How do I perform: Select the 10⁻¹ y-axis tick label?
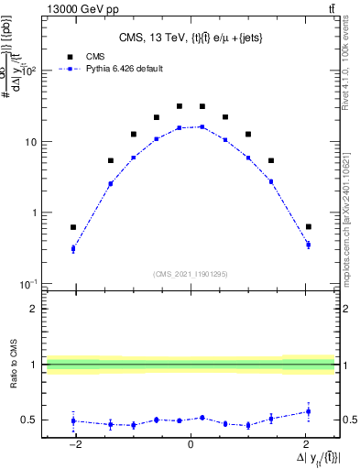point(29,284)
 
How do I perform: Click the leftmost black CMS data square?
point(73,227)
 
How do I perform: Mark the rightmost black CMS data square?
point(309,226)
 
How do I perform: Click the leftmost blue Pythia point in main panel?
point(73,248)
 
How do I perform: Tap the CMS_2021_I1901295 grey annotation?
point(191,274)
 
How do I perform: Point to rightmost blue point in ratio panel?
point(309,411)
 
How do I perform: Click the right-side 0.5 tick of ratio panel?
point(348,420)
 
